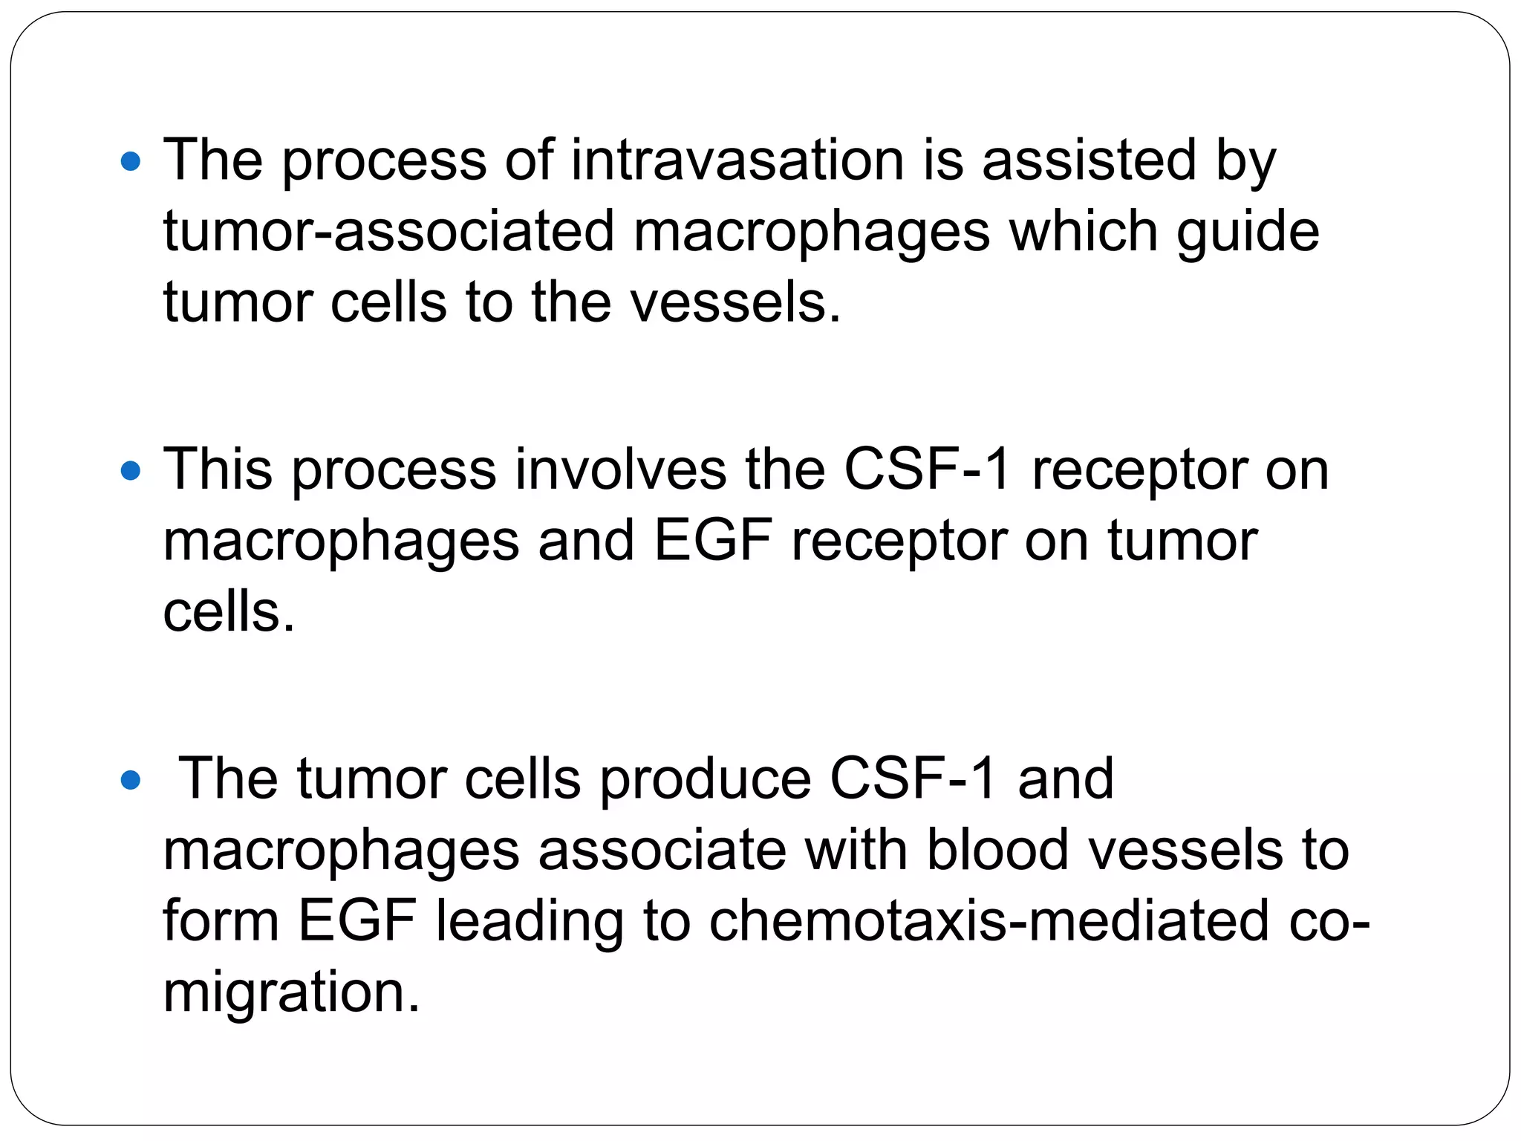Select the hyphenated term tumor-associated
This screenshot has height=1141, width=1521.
pyautogui.click(x=388, y=231)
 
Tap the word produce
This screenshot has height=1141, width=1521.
pyautogui.click(x=705, y=780)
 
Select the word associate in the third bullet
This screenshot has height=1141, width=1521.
pyautogui.click(x=662, y=851)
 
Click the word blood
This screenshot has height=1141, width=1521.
pyautogui.click(x=997, y=851)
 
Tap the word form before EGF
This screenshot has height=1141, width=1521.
pyautogui.click(x=221, y=921)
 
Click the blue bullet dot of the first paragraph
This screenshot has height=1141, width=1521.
pyautogui.click(x=130, y=161)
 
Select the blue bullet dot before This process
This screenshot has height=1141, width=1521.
pyautogui.click(x=130, y=471)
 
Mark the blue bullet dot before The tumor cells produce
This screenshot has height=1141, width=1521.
pyautogui.click(x=130, y=781)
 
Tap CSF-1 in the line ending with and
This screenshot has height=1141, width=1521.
pyautogui.click(x=913, y=780)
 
